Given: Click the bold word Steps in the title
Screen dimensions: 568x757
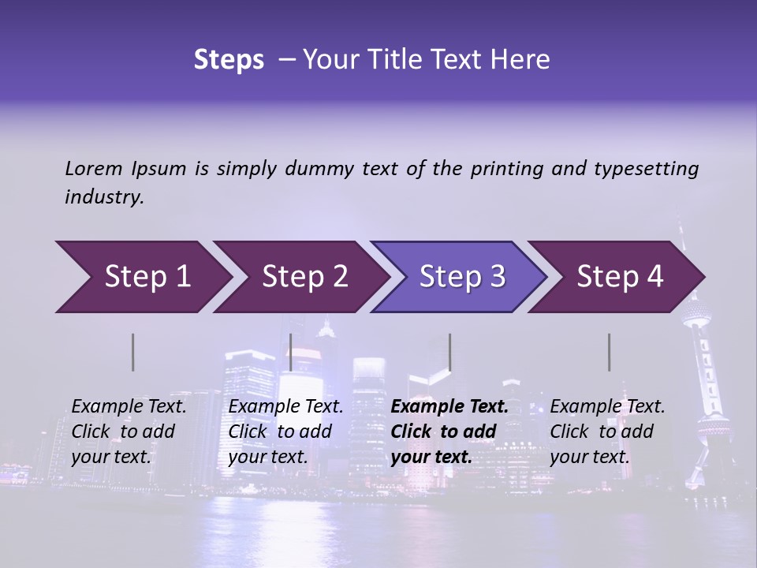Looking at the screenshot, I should pyautogui.click(x=229, y=60).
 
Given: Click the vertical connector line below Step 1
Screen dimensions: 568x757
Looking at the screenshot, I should pyautogui.click(x=133, y=352).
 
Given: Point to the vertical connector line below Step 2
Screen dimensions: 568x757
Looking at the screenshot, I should pyautogui.click(x=291, y=352).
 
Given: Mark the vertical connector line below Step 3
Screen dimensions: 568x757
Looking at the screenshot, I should pyautogui.click(x=449, y=352).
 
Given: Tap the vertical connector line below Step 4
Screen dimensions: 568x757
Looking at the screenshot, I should pyautogui.click(x=610, y=352).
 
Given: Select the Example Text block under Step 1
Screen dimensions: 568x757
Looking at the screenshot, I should pyautogui.click(x=129, y=432).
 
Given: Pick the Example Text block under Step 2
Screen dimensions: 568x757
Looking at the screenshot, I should pyautogui.click(x=285, y=432).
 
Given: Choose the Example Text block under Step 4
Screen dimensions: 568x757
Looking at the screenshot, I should pyautogui.click(x=607, y=432).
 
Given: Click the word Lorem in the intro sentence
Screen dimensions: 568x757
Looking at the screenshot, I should pyautogui.click(x=94, y=169).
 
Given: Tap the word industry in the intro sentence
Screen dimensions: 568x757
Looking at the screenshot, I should pyautogui.click(x=104, y=197).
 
